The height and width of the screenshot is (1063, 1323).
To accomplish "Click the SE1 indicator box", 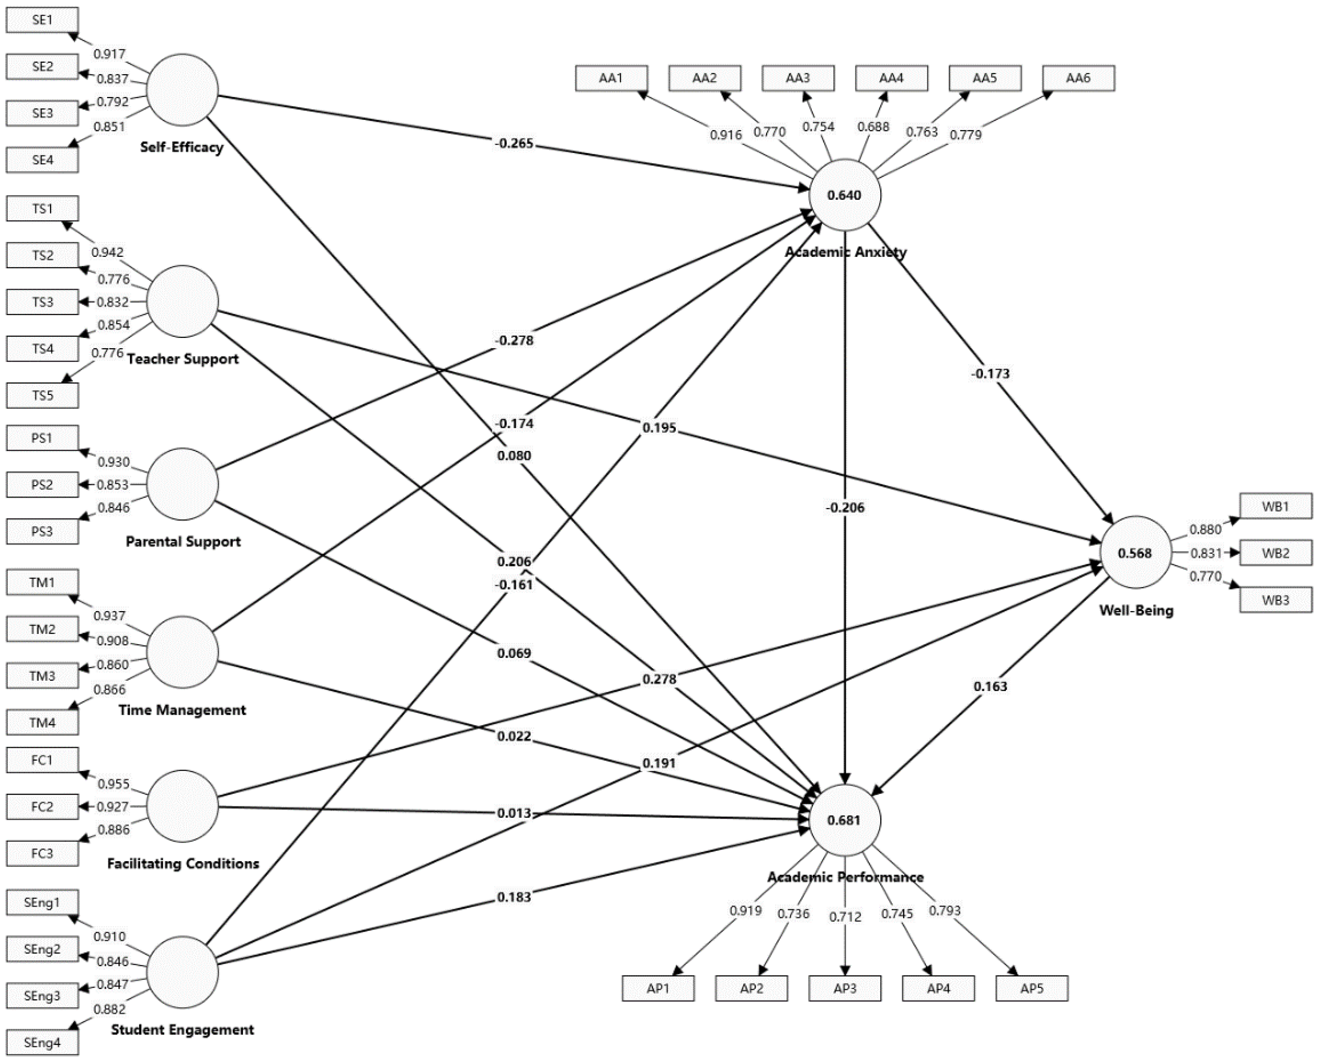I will [42, 20].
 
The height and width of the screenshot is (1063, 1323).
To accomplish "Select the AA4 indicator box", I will [891, 78].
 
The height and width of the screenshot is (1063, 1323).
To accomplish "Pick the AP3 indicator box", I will [845, 988].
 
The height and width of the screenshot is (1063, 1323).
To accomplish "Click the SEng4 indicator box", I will [42, 1042].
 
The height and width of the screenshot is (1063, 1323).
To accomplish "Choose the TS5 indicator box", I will [42, 395].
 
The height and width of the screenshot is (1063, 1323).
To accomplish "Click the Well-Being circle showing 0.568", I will [1135, 553].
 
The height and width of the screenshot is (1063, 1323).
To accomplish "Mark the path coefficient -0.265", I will [514, 144].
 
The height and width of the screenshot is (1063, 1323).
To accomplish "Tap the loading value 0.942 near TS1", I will [107, 252].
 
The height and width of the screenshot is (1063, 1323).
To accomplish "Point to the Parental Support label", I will [183, 541].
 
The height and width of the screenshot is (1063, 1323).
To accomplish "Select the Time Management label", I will [182, 710].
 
